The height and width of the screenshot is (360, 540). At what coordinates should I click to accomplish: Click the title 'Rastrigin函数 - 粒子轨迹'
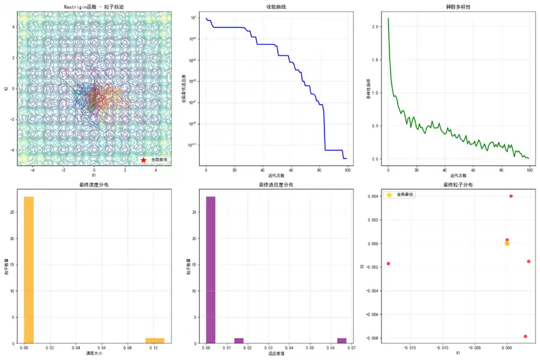(x=94, y=7)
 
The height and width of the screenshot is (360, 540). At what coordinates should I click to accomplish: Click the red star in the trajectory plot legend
(x=144, y=160)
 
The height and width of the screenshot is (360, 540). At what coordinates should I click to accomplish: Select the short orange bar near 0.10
(x=155, y=340)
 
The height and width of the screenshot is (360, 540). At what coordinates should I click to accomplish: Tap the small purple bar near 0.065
(x=341, y=340)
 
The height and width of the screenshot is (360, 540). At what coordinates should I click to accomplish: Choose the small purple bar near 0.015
(x=238, y=340)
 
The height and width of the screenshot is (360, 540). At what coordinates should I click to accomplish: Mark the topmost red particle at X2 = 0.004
(x=511, y=196)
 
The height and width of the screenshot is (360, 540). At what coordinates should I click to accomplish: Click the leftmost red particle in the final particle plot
(x=388, y=263)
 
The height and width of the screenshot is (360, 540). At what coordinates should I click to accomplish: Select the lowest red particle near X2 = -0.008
(x=526, y=336)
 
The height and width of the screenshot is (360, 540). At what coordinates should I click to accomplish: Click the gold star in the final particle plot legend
(x=390, y=195)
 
